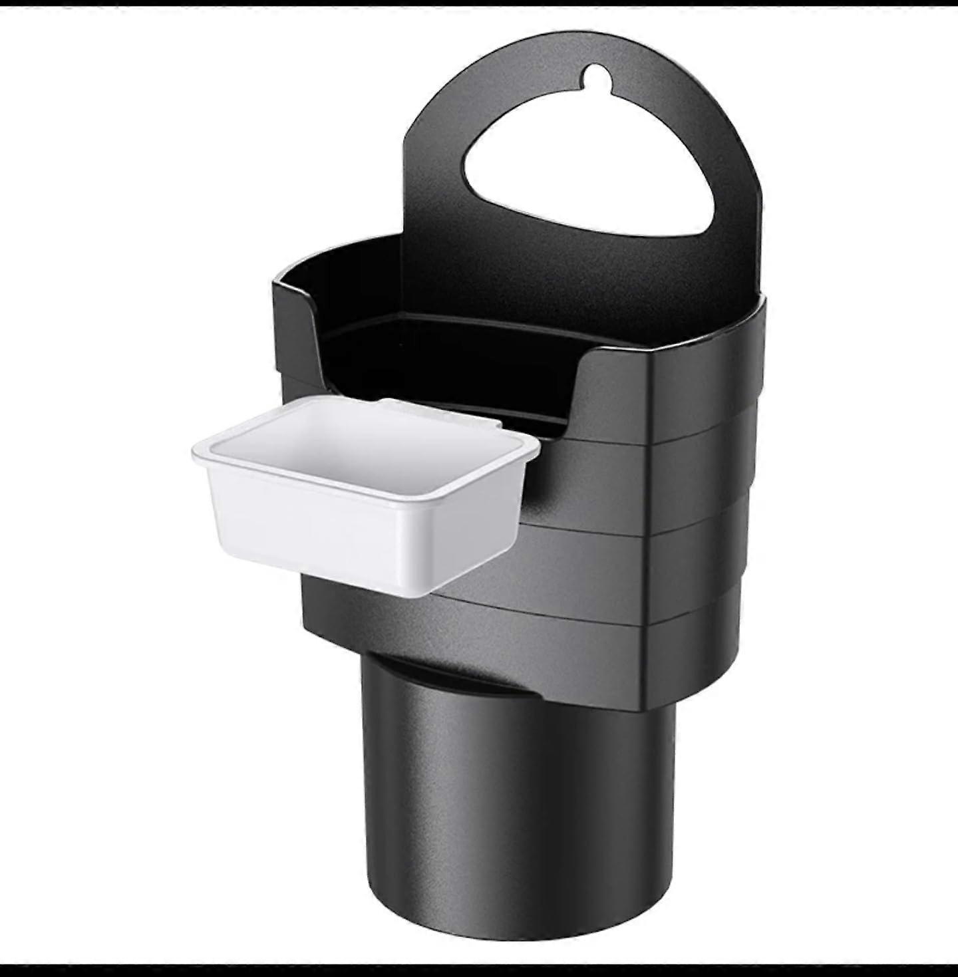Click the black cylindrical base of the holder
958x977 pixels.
[x=519, y=798]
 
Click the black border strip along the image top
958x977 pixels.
[x=479, y=3]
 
